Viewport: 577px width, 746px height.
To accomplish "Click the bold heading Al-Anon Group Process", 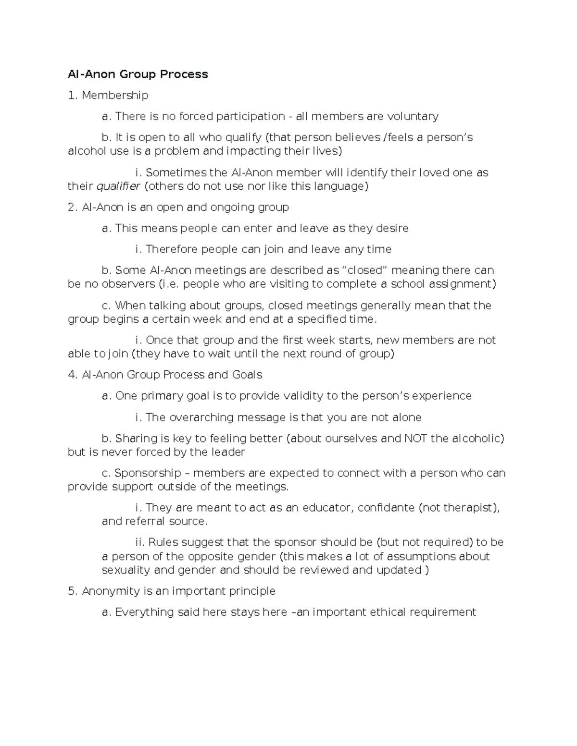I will click(138, 74).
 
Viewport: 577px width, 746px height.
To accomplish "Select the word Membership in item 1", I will click(115, 95).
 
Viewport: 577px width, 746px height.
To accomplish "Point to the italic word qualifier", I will click(118, 186).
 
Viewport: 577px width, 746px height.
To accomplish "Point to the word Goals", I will click(247, 375).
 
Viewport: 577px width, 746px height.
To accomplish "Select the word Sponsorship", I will click(148, 473).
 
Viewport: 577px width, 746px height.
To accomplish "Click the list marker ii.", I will click(140, 543).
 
